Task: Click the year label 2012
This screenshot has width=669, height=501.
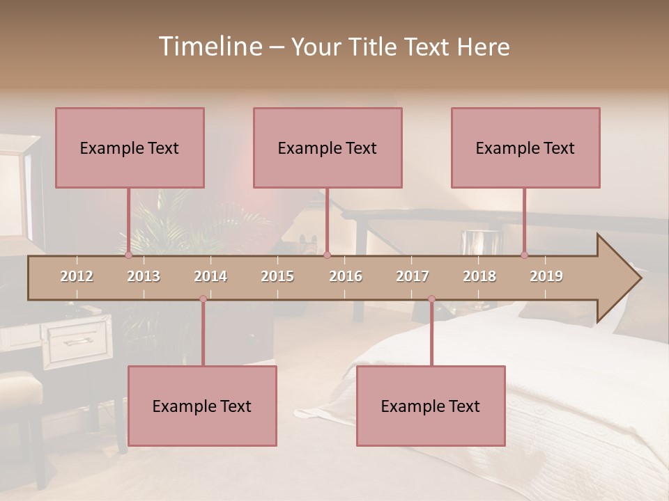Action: (x=77, y=276)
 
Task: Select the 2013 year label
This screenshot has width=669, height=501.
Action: (x=144, y=276)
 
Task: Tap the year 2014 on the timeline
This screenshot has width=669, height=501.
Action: (x=210, y=276)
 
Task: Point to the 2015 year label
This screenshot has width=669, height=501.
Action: (x=277, y=276)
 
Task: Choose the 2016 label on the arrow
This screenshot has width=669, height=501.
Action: (x=346, y=276)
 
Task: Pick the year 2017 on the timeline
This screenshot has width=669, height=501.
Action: (x=413, y=276)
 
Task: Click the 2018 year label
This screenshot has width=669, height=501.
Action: (x=479, y=276)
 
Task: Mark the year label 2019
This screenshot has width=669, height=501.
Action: (x=546, y=276)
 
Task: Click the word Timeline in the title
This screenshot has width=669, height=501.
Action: (x=210, y=47)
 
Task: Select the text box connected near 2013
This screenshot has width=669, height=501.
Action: (x=130, y=148)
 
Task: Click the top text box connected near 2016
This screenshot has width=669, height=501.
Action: (x=328, y=148)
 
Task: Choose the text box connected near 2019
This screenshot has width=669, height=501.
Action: (x=525, y=148)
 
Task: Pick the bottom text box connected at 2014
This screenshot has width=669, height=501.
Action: (x=202, y=406)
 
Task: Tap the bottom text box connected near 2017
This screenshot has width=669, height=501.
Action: (x=431, y=406)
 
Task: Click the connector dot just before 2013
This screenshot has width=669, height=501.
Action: (x=128, y=255)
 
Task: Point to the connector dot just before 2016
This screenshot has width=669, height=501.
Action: (x=328, y=255)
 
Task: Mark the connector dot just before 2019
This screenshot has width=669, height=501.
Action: (x=525, y=255)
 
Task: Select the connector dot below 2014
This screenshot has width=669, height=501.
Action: (x=203, y=299)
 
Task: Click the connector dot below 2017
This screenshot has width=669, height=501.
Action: (x=431, y=299)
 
